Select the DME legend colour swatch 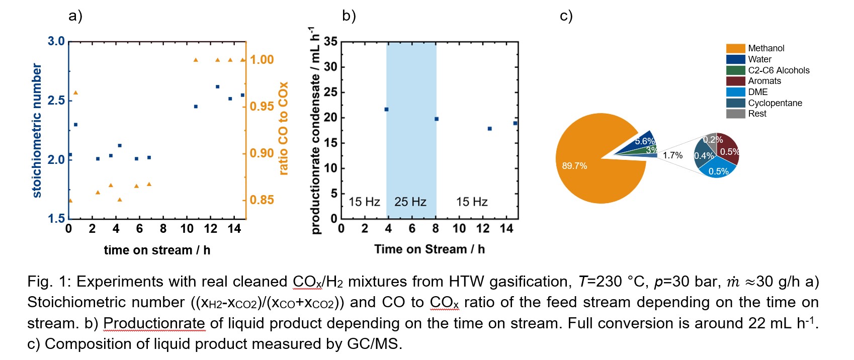pos(735,92)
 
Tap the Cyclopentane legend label pos(775,103)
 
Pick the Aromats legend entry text pos(764,81)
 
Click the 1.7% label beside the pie pos(672,155)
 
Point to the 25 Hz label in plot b pos(410,202)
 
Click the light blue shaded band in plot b pos(411,126)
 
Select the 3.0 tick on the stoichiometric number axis pos(56,41)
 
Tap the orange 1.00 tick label pos(262,60)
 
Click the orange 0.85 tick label pos(262,200)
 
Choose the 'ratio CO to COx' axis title pos(283,128)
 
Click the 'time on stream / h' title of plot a pos(157,250)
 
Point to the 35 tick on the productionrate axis pos(330,42)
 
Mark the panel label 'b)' pos(349,16)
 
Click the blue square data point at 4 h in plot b pos(386,109)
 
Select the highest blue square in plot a pos(217,86)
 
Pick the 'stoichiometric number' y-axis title pos(37,130)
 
